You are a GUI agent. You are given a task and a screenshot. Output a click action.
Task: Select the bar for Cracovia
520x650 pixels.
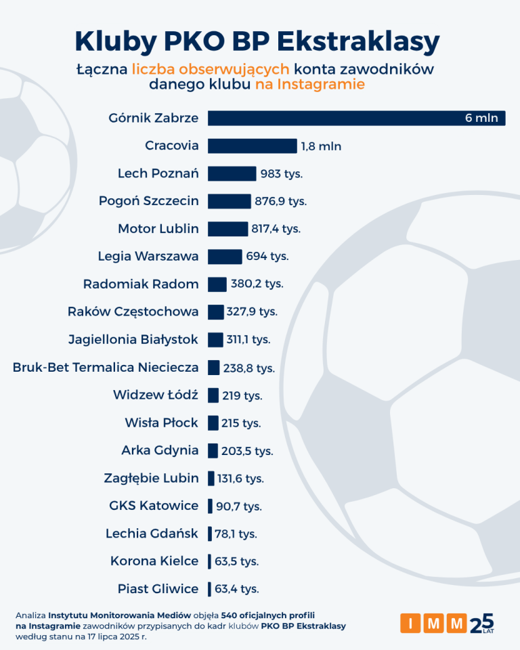(x=252, y=146)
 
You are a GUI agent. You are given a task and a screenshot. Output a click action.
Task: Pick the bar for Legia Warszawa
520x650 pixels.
(x=224, y=257)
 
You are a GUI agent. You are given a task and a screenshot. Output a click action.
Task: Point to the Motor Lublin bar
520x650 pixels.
(x=227, y=229)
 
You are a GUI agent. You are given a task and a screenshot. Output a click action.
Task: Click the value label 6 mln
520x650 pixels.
(x=481, y=118)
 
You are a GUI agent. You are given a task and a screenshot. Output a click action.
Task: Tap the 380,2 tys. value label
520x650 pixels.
(x=257, y=284)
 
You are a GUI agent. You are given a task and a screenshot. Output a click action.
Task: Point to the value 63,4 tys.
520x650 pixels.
(x=236, y=589)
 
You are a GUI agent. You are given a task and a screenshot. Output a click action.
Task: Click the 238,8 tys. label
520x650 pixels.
(x=248, y=368)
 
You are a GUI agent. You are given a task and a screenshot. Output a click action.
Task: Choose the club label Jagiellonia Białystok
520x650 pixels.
(x=133, y=339)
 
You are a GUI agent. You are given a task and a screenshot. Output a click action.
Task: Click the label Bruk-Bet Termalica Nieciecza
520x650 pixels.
(x=106, y=367)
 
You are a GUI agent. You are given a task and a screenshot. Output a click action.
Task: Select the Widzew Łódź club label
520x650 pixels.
(x=156, y=395)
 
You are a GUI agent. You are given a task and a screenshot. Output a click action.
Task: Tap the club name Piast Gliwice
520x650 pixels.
(x=158, y=588)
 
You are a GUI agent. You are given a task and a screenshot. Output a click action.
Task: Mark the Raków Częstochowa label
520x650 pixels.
(x=133, y=311)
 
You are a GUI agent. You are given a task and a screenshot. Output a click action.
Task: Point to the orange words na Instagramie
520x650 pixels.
(x=310, y=85)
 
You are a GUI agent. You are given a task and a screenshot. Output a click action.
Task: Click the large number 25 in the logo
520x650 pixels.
(x=481, y=622)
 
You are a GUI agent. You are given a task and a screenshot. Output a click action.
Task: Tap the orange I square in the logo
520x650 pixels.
(x=410, y=623)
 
